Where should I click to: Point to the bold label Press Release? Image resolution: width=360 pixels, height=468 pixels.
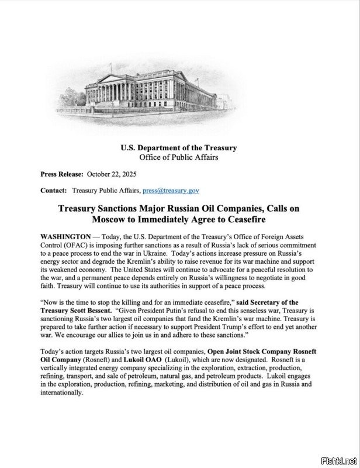pyautogui.click(x=61, y=174)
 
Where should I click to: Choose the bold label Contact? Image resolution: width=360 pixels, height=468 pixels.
pyautogui.click(x=54, y=191)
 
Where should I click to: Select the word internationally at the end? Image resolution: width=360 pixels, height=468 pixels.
pyautogui.click(x=62, y=393)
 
